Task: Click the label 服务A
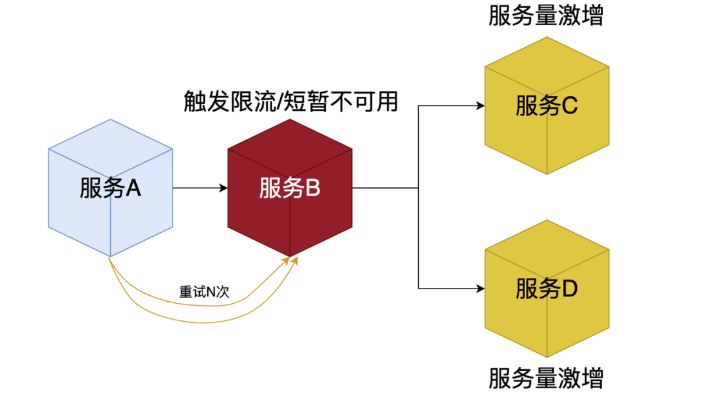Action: [x=110, y=189]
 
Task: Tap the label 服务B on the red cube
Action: [x=290, y=188]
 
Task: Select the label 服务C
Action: [x=546, y=106]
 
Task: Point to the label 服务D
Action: [x=546, y=289]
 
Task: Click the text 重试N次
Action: [x=204, y=292]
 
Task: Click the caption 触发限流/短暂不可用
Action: [x=290, y=101]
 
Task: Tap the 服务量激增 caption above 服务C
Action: [x=546, y=16]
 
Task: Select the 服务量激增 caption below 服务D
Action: [x=546, y=379]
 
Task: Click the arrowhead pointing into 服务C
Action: [x=480, y=105]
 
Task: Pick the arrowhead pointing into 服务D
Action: [x=480, y=288]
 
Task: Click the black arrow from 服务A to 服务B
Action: [x=200, y=188]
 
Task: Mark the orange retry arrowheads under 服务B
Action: [x=293, y=261]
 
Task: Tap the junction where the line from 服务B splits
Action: [x=418, y=188]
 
